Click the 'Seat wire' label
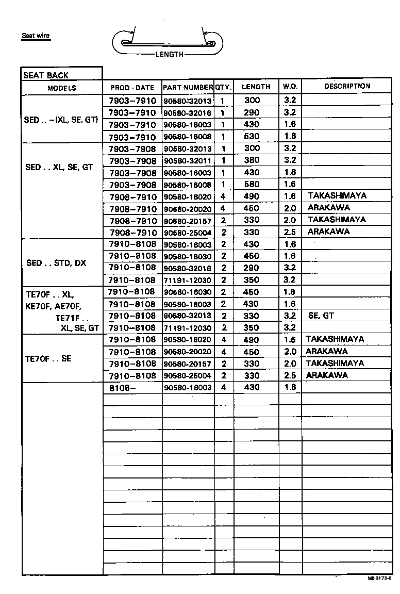[x=36, y=36]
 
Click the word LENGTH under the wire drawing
[x=169, y=54]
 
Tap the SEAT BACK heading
[x=46, y=75]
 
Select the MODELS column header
[x=62, y=88]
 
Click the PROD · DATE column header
[x=132, y=88]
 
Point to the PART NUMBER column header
[x=188, y=88]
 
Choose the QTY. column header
[x=224, y=87]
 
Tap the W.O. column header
[x=290, y=87]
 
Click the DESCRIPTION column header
[x=347, y=86]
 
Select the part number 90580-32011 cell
[x=188, y=161]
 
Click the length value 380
[x=252, y=160]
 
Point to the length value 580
[x=252, y=184]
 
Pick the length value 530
[x=252, y=137]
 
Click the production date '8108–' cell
[x=123, y=387]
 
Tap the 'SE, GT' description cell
[x=321, y=316]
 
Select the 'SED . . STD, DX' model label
[x=56, y=263]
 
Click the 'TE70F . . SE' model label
[x=48, y=358]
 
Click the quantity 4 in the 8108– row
[x=223, y=387]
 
